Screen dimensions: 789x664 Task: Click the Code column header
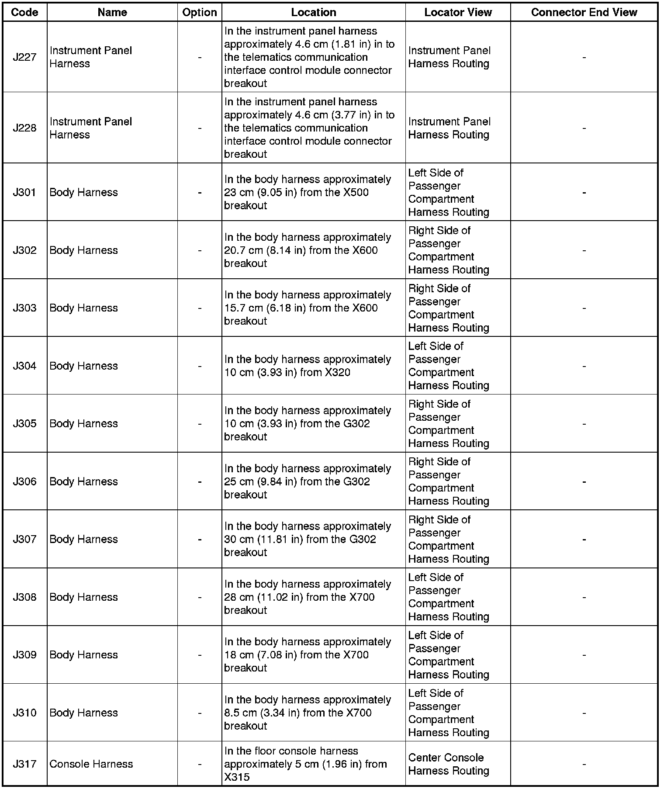24,12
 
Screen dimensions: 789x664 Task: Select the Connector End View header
584,12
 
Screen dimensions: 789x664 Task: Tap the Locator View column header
458,12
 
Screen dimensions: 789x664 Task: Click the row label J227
24,57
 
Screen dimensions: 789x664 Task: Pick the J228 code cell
24,128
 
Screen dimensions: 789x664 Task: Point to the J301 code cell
24,192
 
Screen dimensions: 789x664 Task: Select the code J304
24,366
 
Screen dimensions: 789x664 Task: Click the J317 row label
24,764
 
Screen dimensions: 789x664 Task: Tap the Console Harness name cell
91,764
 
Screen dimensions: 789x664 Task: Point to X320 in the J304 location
335,373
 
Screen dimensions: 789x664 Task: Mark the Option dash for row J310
200,713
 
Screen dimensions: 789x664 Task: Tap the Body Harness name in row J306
83,481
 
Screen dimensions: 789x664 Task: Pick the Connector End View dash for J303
584,308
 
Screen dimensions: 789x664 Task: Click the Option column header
200,12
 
